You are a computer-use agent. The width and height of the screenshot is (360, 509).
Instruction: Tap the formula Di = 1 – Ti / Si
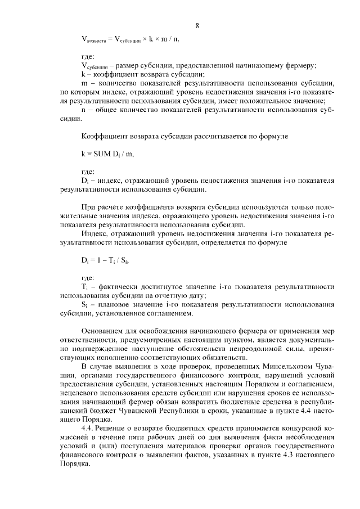(109, 262)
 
